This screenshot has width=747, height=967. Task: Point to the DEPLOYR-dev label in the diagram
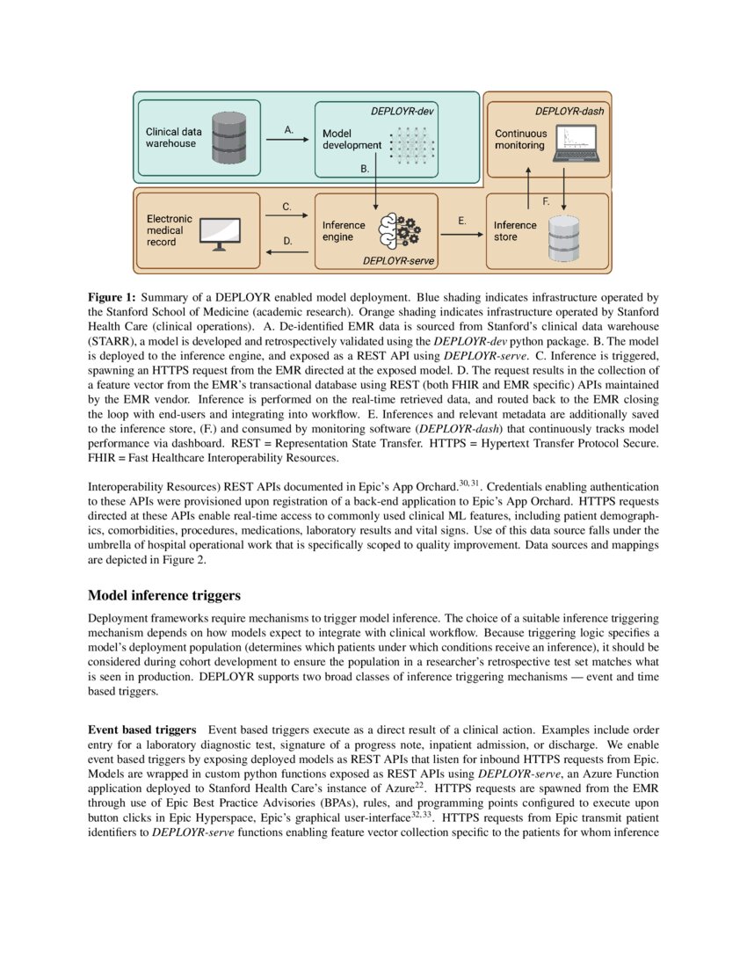click(x=403, y=112)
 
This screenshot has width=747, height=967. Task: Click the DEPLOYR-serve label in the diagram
click(x=399, y=262)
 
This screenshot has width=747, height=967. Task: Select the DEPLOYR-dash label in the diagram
click(x=569, y=112)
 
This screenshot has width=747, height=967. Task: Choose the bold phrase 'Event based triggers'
click(x=141, y=730)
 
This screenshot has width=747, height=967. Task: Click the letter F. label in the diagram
click(x=546, y=201)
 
